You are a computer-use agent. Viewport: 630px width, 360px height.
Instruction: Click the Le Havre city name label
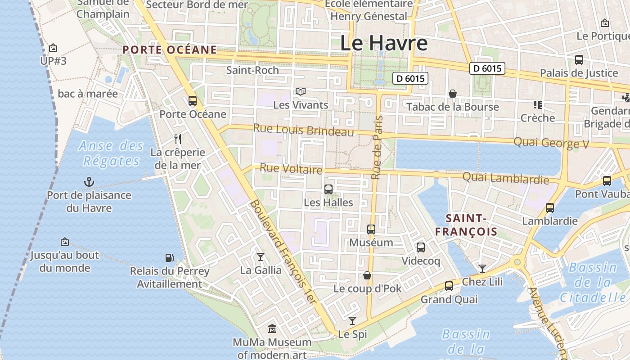(x=383, y=43)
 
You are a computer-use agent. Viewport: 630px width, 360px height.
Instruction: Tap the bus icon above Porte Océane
(x=193, y=101)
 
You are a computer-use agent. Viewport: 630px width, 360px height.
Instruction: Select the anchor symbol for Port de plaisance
(x=89, y=182)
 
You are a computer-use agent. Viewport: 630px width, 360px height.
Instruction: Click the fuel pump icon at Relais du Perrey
(x=170, y=258)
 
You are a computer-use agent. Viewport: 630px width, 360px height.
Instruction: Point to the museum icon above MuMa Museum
(x=272, y=329)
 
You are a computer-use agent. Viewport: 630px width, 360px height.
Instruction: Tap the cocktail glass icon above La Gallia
(x=261, y=257)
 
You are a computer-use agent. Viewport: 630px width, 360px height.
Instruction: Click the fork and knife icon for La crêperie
(x=178, y=139)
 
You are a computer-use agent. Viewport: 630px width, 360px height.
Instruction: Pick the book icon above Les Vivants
(x=301, y=92)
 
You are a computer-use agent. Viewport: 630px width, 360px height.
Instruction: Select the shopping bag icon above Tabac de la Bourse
(x=453, y=94)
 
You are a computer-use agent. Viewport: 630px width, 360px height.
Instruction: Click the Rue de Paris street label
(x=377, y=147)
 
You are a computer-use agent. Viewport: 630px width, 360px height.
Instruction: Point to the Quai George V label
(x=551, y=143)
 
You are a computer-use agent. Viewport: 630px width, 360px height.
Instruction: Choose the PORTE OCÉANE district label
(x=170, y=50)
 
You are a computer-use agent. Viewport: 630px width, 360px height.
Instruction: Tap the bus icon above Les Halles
(x=328, y=189)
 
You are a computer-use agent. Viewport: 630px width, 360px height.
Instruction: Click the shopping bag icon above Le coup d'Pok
(x=367, y=275)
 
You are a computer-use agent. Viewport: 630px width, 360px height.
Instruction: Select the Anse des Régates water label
(x=111, y=153)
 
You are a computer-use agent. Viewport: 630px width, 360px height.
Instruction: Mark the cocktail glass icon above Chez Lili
(x=482, y=269)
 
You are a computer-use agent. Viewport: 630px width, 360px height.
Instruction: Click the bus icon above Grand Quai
(x=449, y=286)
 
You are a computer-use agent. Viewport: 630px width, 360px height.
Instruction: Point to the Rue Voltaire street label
(x=291, y=169)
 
